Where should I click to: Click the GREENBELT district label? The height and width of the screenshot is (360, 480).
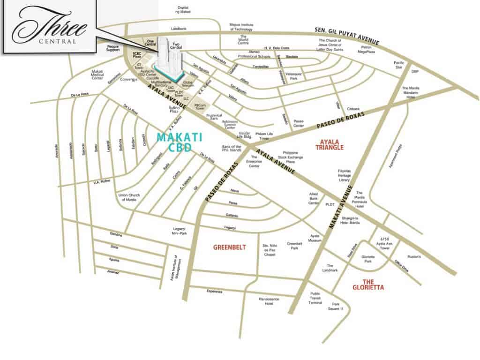click(229, 247)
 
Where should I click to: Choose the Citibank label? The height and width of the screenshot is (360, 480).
click(352, 109)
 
